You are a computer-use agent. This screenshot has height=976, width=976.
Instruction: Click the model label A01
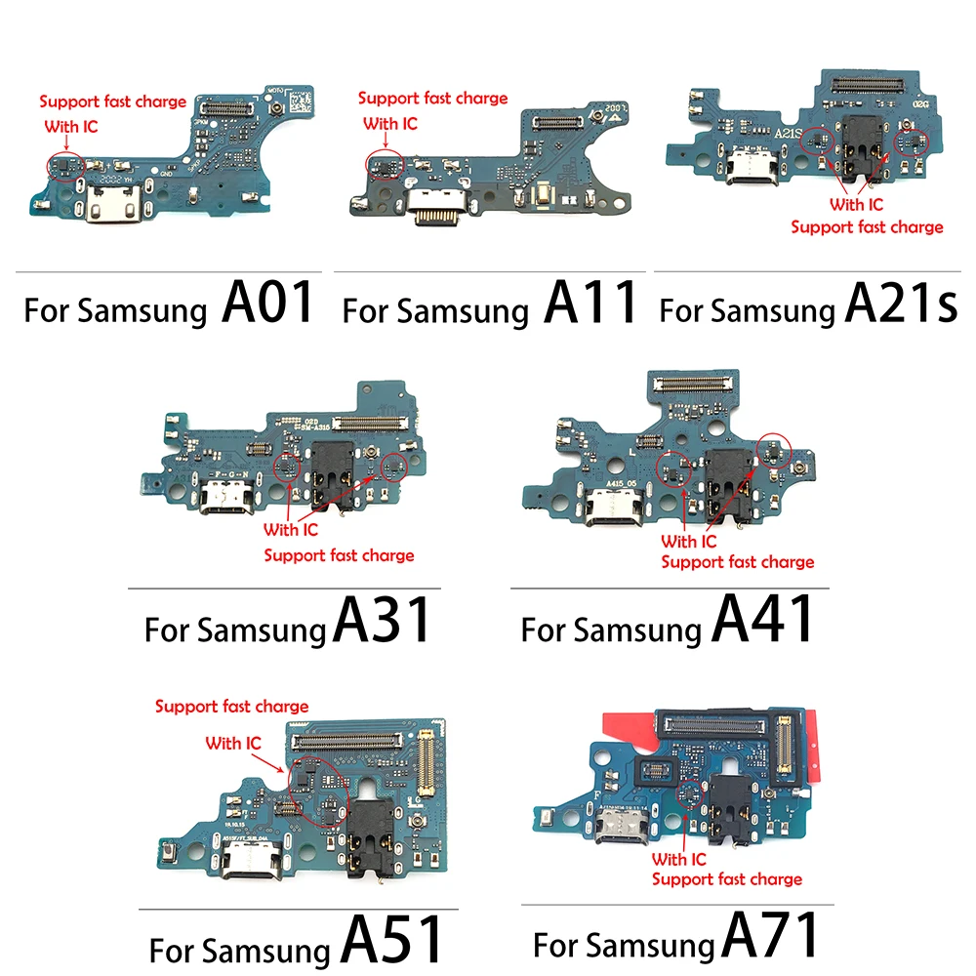pos(268,303)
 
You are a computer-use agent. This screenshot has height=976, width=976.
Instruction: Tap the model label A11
pos(590,303)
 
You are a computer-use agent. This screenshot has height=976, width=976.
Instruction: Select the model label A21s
pos(901,305)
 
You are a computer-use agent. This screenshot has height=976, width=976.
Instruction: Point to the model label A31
pos(382,622)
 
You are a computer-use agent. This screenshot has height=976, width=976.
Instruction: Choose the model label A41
pos(762,622)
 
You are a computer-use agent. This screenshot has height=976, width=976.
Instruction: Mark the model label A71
pos(770,940)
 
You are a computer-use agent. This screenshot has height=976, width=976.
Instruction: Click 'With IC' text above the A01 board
pos(71,126)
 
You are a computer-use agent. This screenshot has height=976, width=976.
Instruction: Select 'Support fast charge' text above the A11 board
pos(432,98)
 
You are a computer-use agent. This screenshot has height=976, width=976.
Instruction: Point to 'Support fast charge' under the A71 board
pos(727,879)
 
